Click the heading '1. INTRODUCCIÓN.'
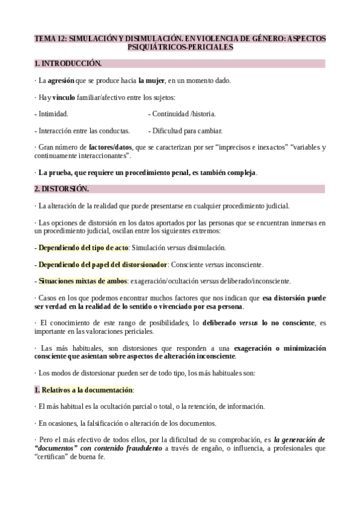[x=68, y=63]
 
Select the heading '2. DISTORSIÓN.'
[x=61, y=189]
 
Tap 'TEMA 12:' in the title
[x=51, y=38]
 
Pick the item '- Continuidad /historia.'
[x=182, y=114]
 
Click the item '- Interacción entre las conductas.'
[x=82, y=131]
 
